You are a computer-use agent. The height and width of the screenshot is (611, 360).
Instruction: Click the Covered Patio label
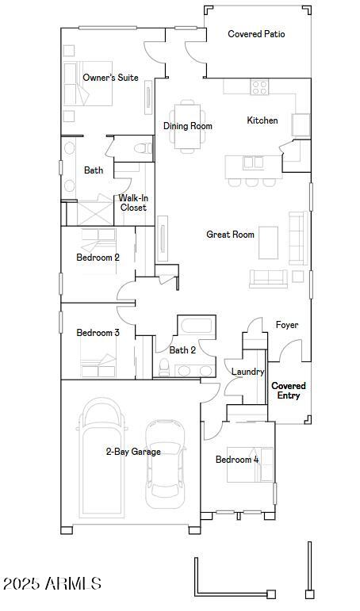pos(256,34)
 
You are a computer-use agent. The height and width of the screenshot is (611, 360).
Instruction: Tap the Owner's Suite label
pos(110,78)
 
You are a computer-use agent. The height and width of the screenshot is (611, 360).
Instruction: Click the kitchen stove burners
pos(259,87)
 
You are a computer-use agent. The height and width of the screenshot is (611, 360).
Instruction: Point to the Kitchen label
pos(262,120)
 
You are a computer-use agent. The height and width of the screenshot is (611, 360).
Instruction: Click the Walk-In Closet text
pos(133,203)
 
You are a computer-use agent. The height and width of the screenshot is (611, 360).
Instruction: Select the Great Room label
pos(230,235)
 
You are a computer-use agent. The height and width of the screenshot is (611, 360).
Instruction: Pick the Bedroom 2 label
pos(98,258)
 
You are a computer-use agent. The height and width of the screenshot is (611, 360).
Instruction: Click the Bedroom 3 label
pos(98,333)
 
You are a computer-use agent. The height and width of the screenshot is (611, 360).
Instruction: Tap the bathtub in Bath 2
pos(195,326)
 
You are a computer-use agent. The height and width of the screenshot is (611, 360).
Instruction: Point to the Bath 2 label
pos(182,349)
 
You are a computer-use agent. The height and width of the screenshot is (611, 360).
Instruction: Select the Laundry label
pos(247,372)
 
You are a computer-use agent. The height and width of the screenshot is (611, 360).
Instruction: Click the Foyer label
pos(286,326)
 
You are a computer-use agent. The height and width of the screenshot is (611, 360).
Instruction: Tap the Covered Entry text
pos(289,391)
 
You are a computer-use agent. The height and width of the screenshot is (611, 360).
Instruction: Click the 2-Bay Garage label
pos(133,452)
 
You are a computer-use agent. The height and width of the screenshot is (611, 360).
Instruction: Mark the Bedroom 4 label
pos(237,460)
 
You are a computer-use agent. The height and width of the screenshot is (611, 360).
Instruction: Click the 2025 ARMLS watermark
pos(52,584)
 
